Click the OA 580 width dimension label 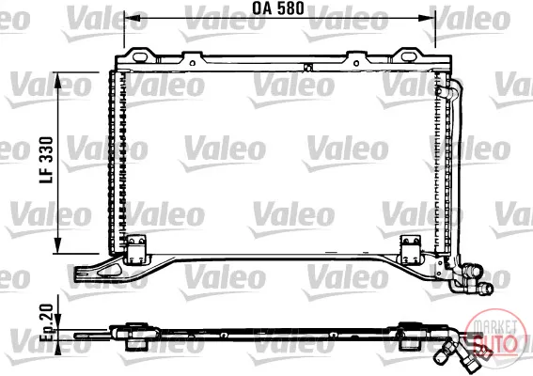pyautogui.click(x=278, y=8)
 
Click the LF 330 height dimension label pyautogui.click(x=47, y=160)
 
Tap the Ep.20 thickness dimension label pyautogui.click(x=47, y=322)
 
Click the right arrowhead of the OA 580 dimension pyautogui.click(x=427, y=18)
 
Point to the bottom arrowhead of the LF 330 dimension pyautogui.click(x=58, y=245)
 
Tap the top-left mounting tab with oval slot pyautogui.click(x=140, y=55)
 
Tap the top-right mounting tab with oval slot pyautogui.click(x=408, y=55)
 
